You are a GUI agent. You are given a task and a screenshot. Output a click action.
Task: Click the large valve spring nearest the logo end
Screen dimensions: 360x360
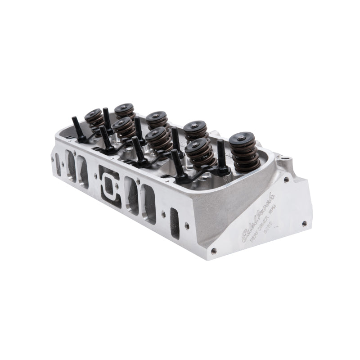pos(244,152)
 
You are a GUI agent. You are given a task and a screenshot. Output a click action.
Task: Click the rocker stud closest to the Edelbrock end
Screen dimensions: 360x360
pos(221,156)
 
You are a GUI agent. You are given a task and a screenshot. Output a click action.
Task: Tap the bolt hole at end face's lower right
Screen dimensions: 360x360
pos(305,223)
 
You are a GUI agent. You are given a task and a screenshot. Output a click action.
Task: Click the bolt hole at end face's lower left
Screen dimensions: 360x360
pos(213,251)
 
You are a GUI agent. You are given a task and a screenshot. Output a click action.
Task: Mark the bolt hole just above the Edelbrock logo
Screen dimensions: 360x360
pos(287,180)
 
